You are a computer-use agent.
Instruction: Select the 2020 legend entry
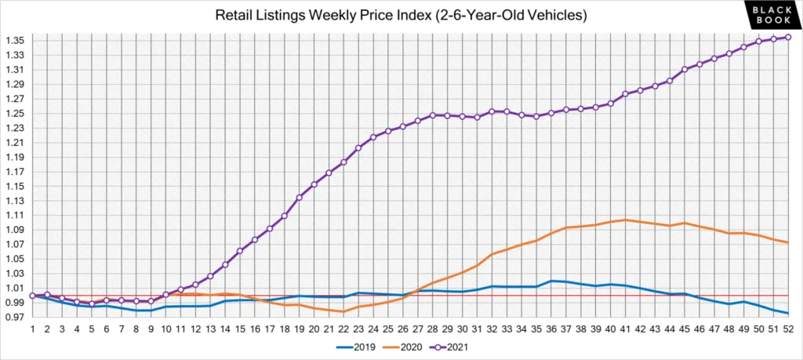[x=405, y=345]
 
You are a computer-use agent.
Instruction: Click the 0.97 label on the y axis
[x=16, y=318]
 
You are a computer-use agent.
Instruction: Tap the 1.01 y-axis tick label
[x=16, y=289]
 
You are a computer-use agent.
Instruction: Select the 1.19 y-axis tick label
[x=16, y=158]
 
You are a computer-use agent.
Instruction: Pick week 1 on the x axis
[x=33, y=328]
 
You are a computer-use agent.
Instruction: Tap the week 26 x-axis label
[x=403, y=328]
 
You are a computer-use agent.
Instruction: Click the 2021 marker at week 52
[x=788, y=37]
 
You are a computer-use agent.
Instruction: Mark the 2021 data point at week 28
[x=432, y=115]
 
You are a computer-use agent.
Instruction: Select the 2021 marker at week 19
[x=299, y=198]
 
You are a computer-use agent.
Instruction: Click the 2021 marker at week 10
[x=166, y=295]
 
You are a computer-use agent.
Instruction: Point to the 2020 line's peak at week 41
[x=625, y=220]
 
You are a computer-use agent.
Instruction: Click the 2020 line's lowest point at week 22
[x=343, y=311]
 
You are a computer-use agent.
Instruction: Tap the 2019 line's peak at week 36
[x=551, y=281]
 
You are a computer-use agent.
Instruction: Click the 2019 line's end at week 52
[x=788, y=313]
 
